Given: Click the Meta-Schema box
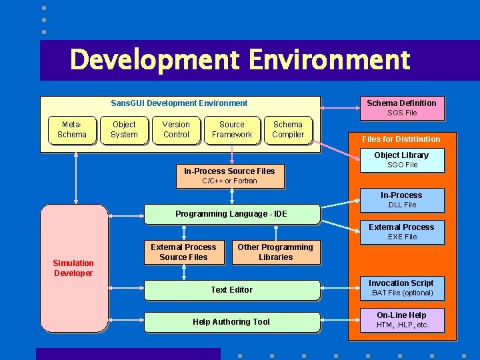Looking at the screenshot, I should click(x=72, y=130).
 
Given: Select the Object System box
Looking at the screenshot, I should click(x=124, y=130).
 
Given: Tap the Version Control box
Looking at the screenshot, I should click(x=176, y=130).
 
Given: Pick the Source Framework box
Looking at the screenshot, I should click(x=232, y=130).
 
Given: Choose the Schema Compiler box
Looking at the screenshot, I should click(x=288, y=130).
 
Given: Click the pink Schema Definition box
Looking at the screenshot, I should click(x=401, y=108).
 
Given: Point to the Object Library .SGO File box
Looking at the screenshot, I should click(x=401, y=160).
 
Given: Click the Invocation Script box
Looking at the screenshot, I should click(x=401, y=288).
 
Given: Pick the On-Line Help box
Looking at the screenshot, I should click(x=401, y=320).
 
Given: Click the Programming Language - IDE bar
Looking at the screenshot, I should click(x=231, y=214).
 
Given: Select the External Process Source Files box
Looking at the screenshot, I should click(x=183, y=252).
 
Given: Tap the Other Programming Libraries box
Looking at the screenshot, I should click(x=276, y=252).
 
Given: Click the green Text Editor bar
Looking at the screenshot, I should click(x=231, y=290).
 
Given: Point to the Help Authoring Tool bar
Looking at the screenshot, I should click(x=231, y=322).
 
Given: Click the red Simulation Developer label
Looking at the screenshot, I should click(x=73, y=268).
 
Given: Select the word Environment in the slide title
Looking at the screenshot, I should click(x=329, y=60).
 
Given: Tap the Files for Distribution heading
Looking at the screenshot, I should click(x=401, y=139).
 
